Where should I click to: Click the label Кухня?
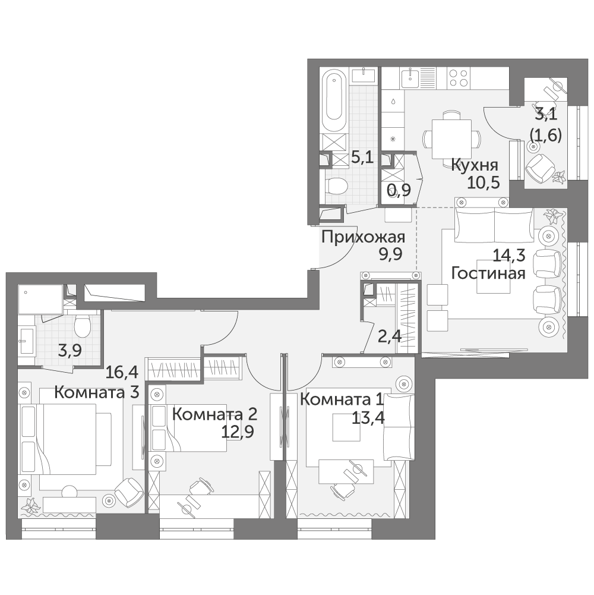pos(475,166)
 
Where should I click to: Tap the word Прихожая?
pos(364,238)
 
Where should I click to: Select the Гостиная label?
pos(488,273)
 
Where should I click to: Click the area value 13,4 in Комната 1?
pos(368,418)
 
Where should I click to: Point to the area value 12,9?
pos(238,432)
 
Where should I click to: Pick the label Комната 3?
pos(97,392)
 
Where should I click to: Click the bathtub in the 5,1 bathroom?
pos(334,102)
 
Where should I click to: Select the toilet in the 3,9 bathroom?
pos(82,326)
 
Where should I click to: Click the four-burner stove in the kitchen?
pos(458,77)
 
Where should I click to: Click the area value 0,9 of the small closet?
pos(399,190)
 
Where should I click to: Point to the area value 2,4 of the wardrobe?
pos(390,336)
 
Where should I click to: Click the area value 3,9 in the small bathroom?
pos(69,351)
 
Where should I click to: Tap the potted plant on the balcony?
pos(559,177)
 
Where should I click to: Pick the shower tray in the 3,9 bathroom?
pos(40,300)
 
